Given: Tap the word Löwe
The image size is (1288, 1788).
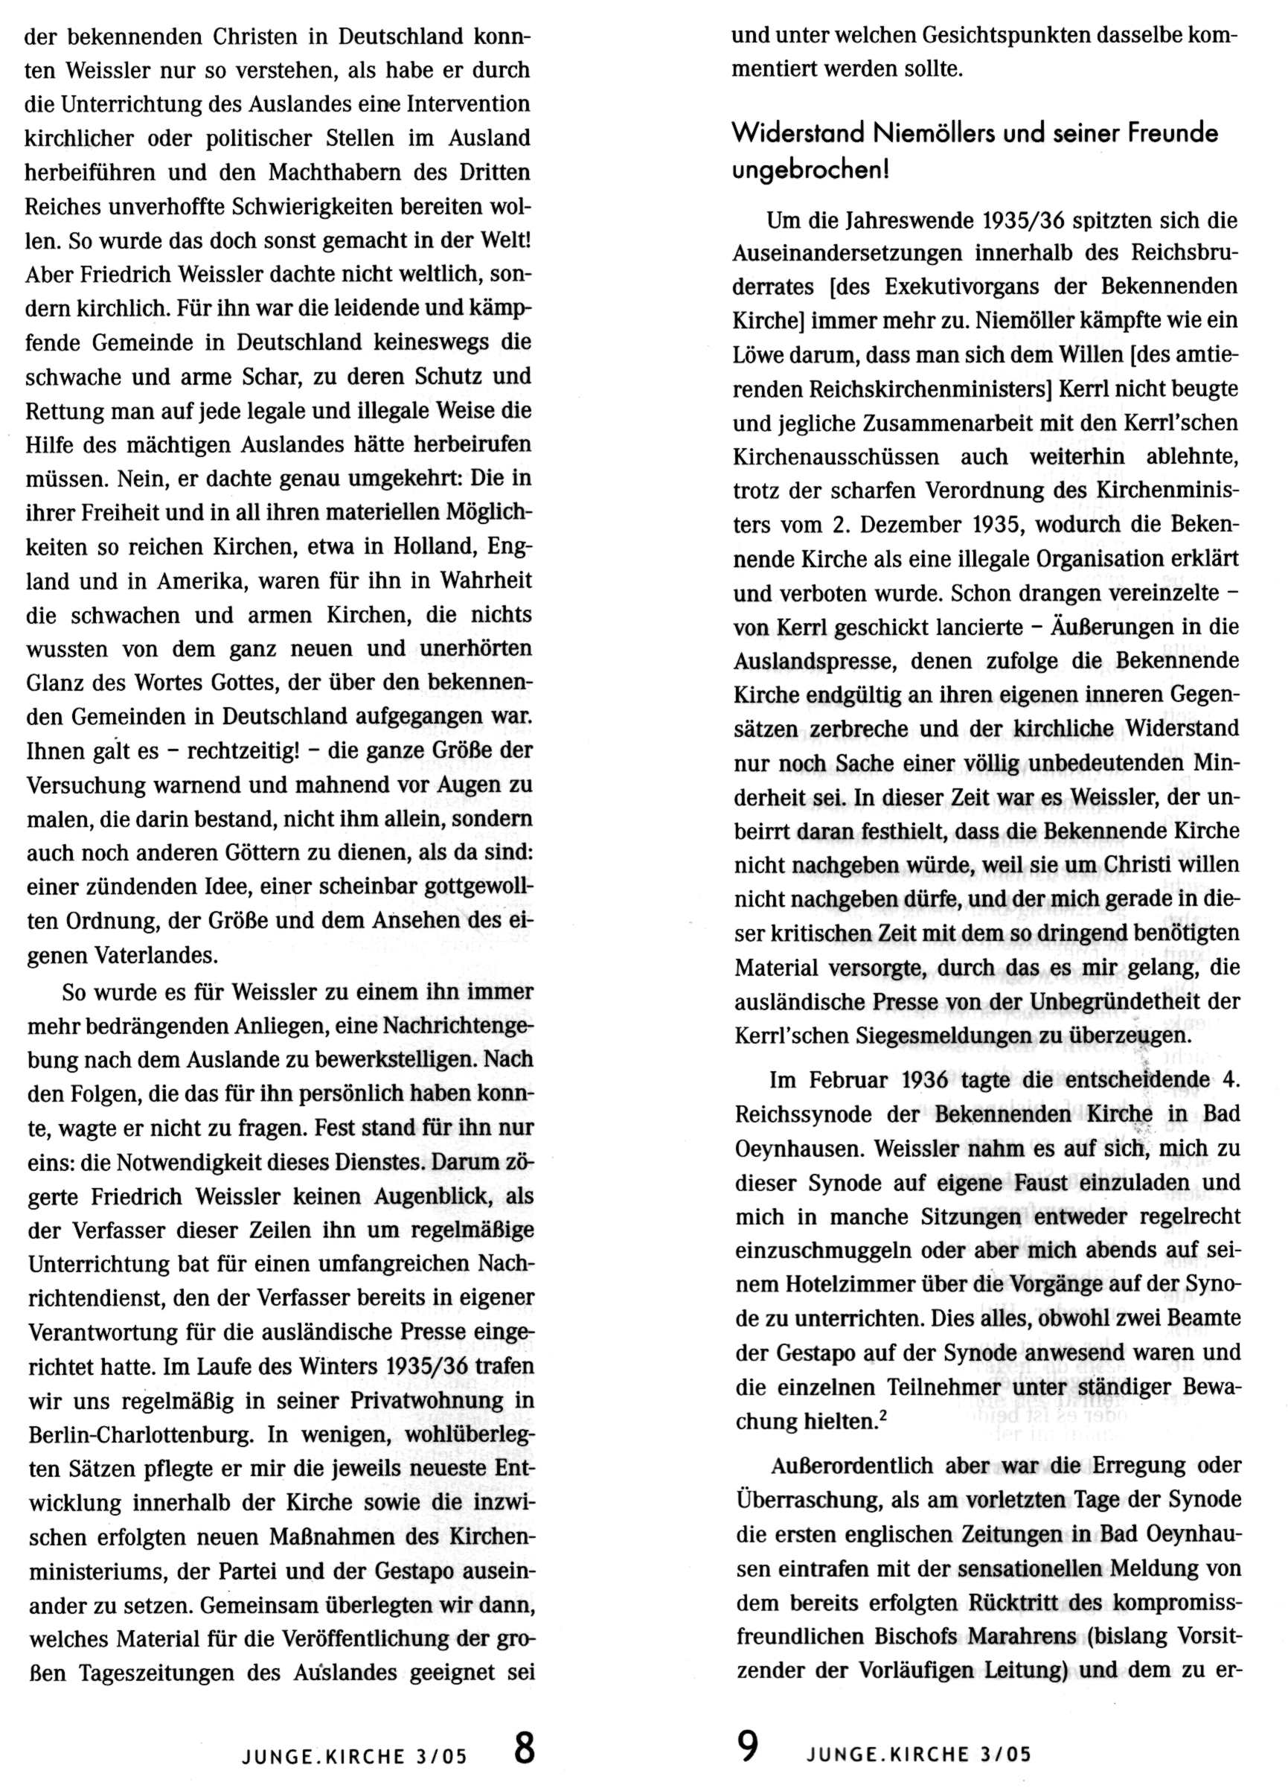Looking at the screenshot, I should point(760,356).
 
